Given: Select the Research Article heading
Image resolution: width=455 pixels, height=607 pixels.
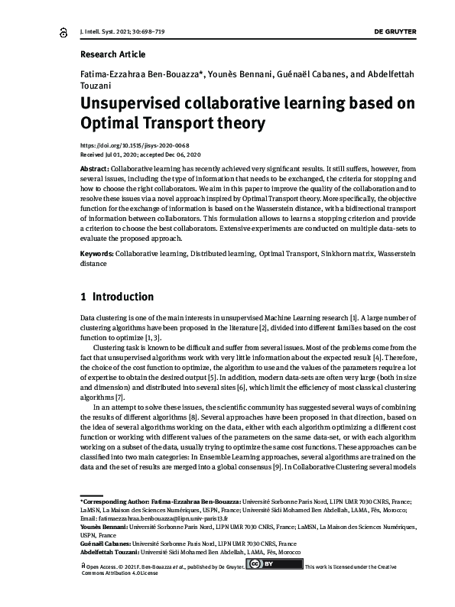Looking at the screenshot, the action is pos(112,54).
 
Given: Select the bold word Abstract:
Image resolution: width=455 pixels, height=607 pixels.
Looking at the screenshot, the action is pos(94,167).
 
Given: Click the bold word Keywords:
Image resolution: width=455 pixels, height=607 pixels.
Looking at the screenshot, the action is pos(96,252).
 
